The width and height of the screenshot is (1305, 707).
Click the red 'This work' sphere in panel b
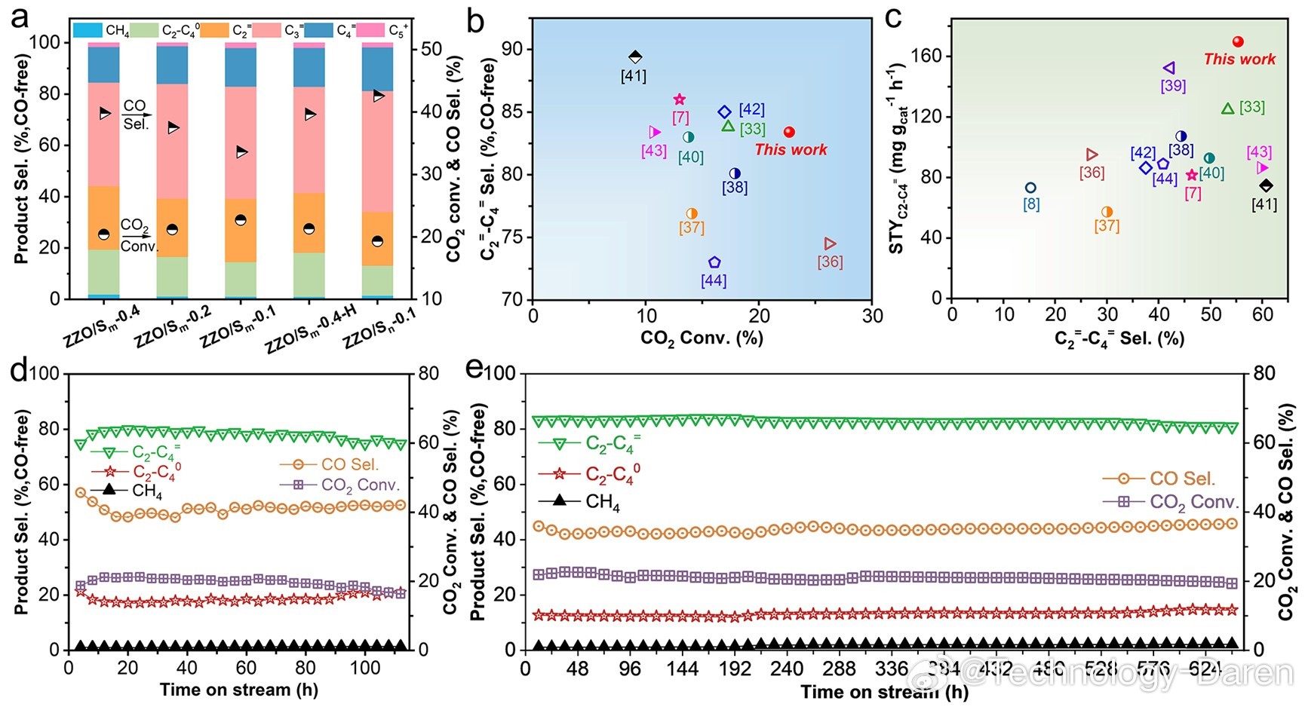click(x=789, y=132)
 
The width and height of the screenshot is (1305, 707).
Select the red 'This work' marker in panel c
click(x=1238, y=42)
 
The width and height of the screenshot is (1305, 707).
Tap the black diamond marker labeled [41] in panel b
click(x=635, y=57)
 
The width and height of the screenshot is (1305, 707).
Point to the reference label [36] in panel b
click(x=830, y=262)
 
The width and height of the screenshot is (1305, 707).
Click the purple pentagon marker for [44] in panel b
click(x=714, y=262)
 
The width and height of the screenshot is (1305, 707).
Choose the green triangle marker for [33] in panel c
click(x=1227, y=109)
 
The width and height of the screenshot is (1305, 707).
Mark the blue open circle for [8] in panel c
click(x=1030, y=188)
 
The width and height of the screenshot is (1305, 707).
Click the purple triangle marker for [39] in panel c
click(x=1169, y=69)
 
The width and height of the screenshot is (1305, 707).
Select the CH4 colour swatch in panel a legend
click(x=88, y=30)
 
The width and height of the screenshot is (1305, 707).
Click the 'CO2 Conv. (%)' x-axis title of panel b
click(x=702, y=338)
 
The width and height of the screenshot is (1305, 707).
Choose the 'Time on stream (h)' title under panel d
click(x=238, y=690)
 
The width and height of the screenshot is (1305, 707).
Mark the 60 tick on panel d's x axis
click(x=246, y=669)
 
